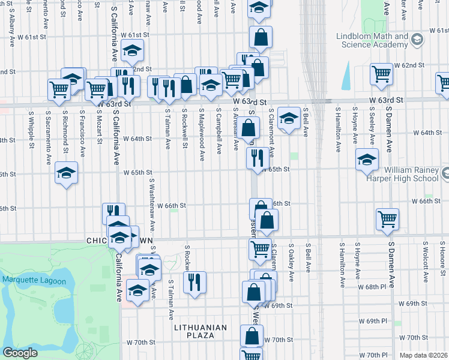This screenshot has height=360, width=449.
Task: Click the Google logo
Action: point(20,353)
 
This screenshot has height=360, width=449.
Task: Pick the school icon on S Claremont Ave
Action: point(289,118)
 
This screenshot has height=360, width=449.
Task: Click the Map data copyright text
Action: point(423,355)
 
